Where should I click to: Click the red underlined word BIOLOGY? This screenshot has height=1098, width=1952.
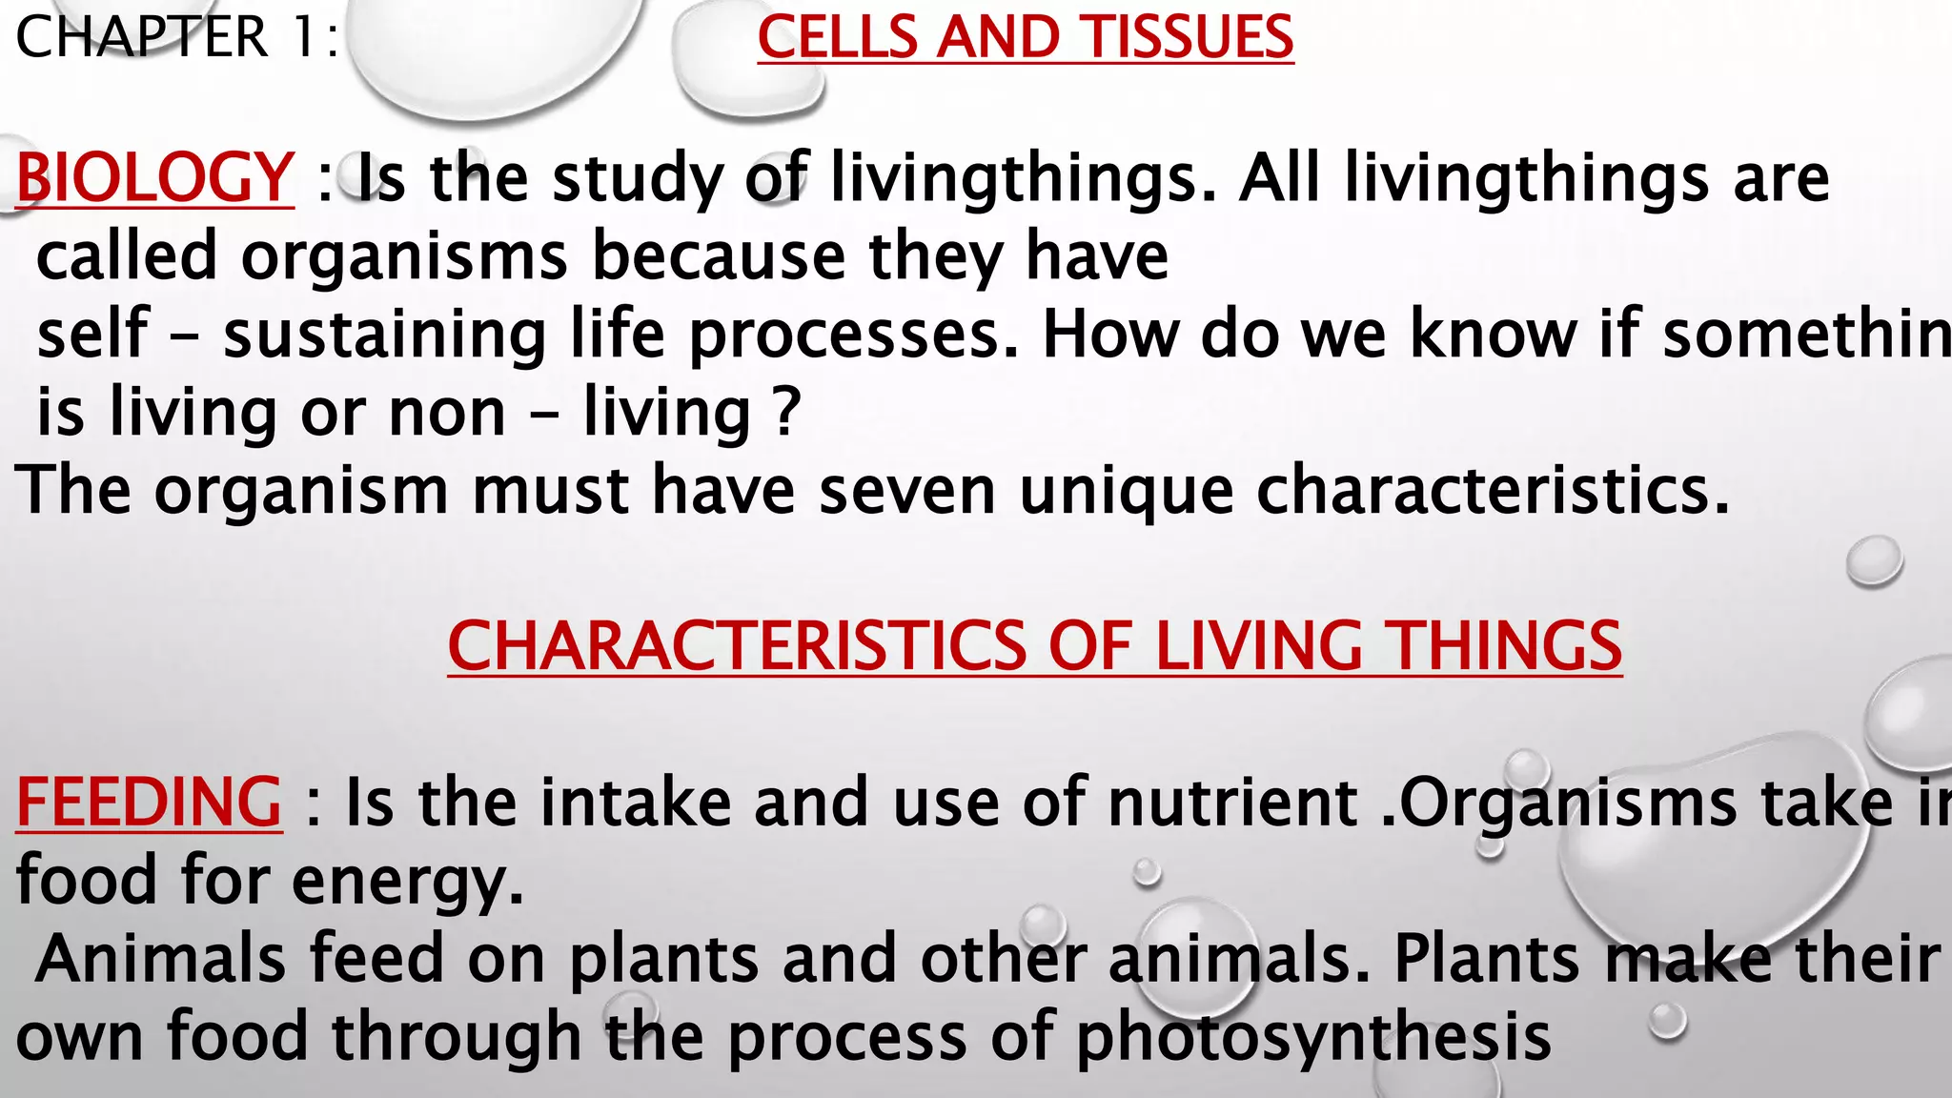tap(154, 178)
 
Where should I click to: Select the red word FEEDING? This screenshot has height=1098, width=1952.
tap(149, 803)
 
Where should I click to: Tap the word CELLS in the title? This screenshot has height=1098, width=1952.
tap(836, 37)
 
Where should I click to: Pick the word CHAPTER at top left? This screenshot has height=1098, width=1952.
tap(142, 37)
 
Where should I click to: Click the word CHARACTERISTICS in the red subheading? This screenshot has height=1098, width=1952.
tap(737, 646)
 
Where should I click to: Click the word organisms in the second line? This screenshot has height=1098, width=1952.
tap(404, 256)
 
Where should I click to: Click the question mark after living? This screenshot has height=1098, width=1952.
tap(786, 413)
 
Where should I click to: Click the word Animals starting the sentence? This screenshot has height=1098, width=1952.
tap(160, 959)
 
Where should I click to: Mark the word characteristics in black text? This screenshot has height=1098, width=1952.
tap(1492, 490)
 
